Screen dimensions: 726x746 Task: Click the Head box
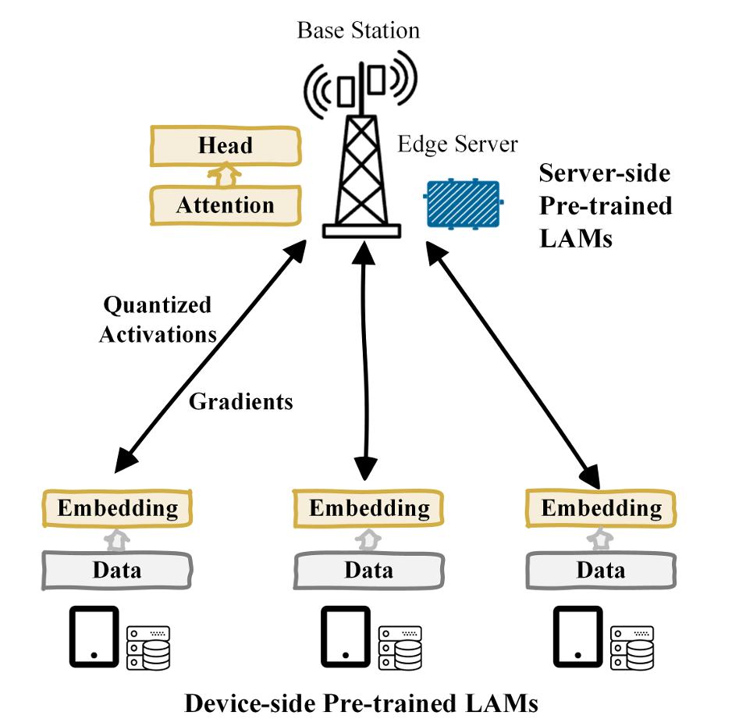[225, 146]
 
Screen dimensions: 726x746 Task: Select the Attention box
[225, 205]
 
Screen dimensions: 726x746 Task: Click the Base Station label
[358, 31]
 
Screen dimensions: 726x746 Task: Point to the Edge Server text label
[458, 144]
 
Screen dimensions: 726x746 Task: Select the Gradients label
[241, 402]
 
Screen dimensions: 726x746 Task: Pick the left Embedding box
[117, 509]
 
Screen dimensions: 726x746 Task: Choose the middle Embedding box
[369, 509]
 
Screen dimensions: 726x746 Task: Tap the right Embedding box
[601, 509]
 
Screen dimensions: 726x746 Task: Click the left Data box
[117, 569]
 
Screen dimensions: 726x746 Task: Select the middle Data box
[369, 569]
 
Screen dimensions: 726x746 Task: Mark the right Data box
[601, 569]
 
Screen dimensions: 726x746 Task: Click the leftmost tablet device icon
[94, 636]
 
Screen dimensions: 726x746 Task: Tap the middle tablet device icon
[345, 636]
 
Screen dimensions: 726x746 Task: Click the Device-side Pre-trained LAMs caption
[361, 703]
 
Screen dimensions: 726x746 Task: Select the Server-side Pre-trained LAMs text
[606, 205]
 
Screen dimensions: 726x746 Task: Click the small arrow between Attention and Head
[225, 176]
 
